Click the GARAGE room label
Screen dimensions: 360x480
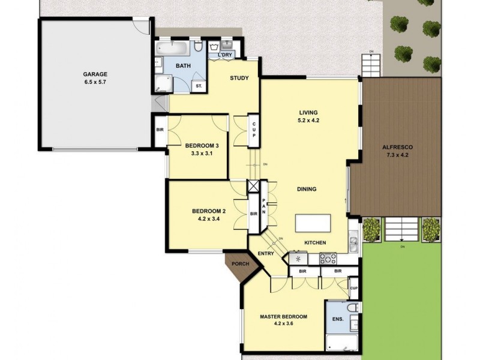click(x=95, y=74)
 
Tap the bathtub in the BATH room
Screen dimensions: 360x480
click(x=172, y=48)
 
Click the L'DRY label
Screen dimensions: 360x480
click(x=225, y=55)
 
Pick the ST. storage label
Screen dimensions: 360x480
click(x=198, y=86)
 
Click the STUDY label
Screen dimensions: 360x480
click(x=240, y=78)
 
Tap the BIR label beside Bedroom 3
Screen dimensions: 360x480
click(x=160, y=130)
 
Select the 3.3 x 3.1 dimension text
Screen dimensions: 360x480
click(x=199, y=153)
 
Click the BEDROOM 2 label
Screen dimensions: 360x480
click(x=208, y=211)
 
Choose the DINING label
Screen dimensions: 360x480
click(x=306, y=189)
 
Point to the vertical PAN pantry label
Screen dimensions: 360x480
click(x=263, y=208)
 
